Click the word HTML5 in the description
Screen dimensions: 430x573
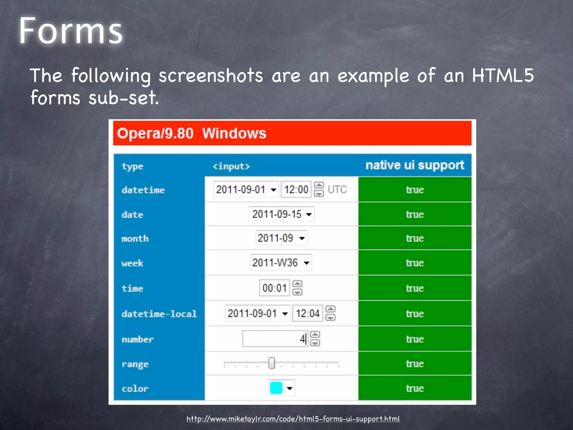coord(503,76)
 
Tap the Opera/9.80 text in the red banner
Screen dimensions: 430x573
coord(155,133)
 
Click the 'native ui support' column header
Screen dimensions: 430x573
coord(415,165)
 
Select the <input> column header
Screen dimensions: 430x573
coord(231,166)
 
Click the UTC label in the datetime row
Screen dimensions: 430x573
coord(337,190)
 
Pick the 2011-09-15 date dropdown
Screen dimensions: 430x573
coord(281,214)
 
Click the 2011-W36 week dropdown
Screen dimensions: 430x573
coord(281,263)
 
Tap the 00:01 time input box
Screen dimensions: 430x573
coord(274,288)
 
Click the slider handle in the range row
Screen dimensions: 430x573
coord(271,363)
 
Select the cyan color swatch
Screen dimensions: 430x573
coord(276,388)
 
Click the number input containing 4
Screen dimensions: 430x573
coord(275,339)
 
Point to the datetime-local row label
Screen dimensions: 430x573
coord(159,314)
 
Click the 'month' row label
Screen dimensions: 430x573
coord(135,239)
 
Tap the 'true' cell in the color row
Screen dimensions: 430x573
coord(415,388)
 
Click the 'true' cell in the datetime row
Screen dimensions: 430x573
coord(415,190)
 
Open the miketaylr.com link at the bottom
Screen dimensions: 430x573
coord(293,419)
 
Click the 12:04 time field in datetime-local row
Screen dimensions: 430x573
coord(307,313)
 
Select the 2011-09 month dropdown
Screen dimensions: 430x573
coord(281,238)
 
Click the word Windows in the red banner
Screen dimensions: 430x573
coord(234,133)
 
